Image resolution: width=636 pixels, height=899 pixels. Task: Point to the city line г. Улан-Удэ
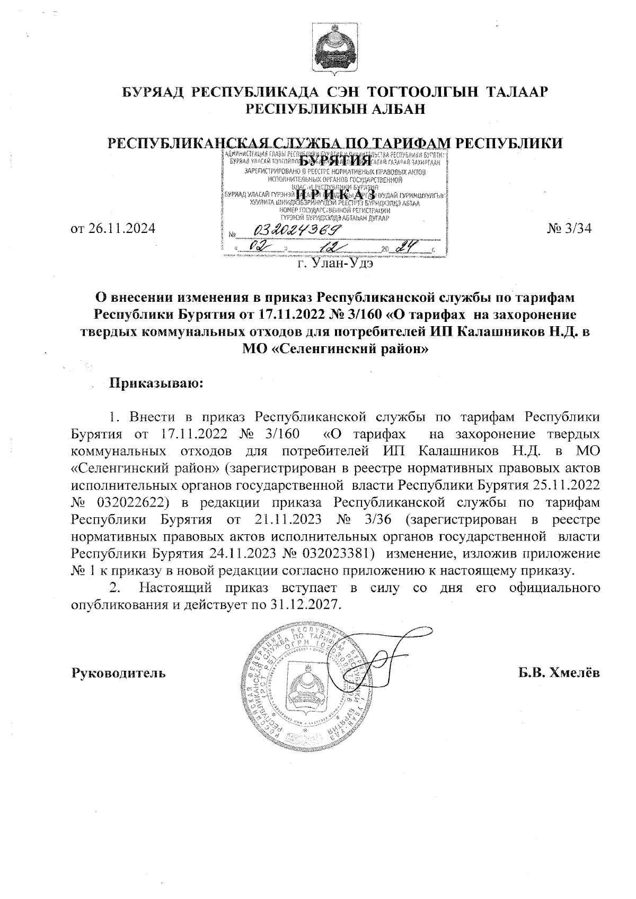335,264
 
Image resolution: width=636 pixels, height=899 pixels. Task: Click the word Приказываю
156,382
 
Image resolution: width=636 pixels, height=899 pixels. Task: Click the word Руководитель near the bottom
119,673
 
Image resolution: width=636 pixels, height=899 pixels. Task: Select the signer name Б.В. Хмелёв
559,673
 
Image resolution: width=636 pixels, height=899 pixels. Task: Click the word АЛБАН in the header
395,109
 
